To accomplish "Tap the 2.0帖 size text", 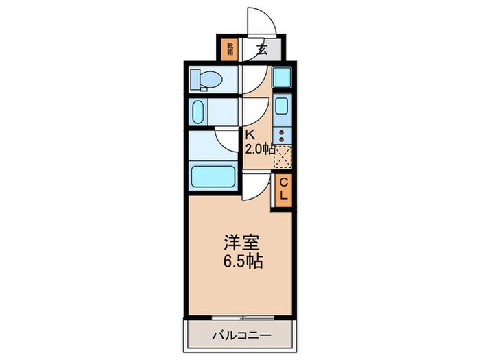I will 261,149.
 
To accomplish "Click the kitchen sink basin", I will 282,106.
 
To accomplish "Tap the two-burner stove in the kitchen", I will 282,135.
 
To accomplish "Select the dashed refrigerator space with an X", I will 283,157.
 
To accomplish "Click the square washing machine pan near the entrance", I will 282,75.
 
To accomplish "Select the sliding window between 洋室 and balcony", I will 241,317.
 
